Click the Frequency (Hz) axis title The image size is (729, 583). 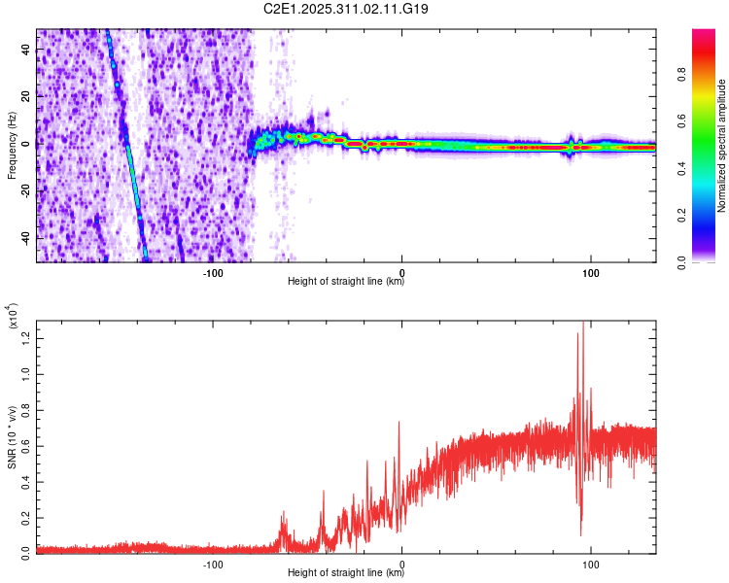click(12, 145)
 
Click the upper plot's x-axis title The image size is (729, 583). click(346, 282)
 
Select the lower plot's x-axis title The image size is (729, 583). click(346, 572)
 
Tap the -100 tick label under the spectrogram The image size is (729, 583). click(214, 272)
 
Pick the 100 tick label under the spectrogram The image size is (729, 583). click(590, 272)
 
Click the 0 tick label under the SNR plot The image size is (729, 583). click(402, 563)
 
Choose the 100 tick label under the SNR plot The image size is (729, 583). click(590, 563)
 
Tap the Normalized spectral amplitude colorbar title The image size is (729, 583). click(721, 146)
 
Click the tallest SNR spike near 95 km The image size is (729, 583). click(583, 324)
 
